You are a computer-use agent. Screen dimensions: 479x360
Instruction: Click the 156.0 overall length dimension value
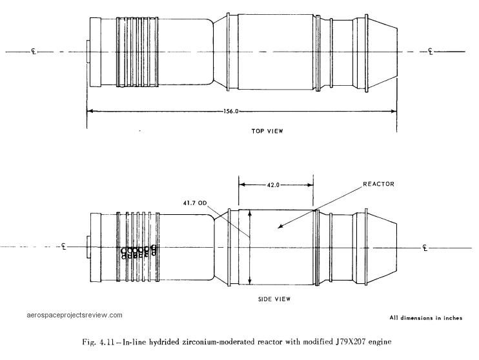click(230, 111)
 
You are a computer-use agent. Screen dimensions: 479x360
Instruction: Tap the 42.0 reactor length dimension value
click(273, 185)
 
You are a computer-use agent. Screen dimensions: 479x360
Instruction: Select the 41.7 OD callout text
click(195, 203)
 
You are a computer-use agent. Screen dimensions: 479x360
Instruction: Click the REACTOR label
click(378, 184)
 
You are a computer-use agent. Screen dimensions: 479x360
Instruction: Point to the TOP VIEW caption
click(267, 131)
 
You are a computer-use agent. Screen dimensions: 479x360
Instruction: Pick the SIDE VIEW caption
click(274, 299)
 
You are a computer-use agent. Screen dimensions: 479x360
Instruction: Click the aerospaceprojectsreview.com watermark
click(74, 315)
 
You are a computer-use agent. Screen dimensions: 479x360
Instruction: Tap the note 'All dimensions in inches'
click(426, 318)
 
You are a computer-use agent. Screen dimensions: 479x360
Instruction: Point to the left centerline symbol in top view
click(34, 52)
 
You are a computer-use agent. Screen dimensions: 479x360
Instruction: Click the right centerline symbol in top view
click(431, 52)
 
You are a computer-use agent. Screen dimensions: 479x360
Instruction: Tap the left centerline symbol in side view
click(63, 246)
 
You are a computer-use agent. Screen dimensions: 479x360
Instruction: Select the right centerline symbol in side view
click(425, 247)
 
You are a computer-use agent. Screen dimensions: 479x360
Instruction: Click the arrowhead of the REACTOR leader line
click(280, 226)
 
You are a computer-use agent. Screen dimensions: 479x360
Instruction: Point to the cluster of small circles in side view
click(139, 252)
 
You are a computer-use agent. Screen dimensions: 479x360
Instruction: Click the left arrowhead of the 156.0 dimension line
click(90, 111)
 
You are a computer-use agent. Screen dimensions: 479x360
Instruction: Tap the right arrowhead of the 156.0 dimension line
click(394, 111)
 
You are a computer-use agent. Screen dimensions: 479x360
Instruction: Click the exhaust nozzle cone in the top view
click(382, 52)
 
